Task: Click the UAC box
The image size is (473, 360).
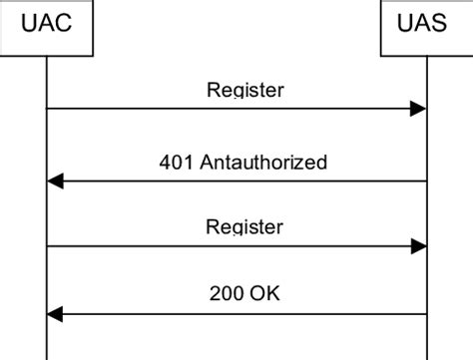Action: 47,24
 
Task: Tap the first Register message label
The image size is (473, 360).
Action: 244,90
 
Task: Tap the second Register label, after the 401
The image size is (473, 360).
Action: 244,226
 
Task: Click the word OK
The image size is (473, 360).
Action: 265,294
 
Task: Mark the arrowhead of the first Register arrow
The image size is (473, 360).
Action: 419,109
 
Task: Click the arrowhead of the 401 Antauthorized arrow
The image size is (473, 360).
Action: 56,180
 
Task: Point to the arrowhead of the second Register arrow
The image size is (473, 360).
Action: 419,245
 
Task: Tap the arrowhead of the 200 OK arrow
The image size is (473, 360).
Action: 56,314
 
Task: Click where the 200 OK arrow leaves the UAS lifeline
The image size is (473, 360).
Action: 426,314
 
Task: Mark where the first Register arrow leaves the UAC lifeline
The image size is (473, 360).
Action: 48,109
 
